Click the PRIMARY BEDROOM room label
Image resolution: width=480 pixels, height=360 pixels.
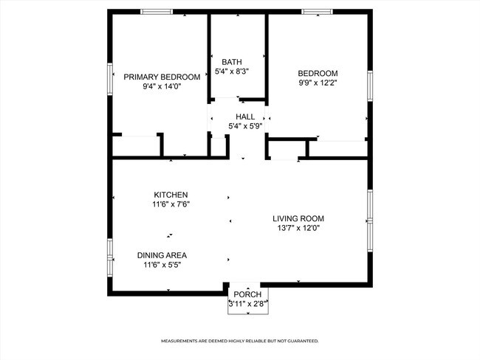(161, 77)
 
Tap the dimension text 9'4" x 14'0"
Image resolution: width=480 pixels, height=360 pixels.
(161, 86)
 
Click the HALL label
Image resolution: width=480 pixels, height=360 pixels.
(245, 117)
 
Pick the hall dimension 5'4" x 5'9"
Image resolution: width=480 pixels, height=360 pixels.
(245, 126)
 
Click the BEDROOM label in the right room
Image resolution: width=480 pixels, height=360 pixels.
(318, 73)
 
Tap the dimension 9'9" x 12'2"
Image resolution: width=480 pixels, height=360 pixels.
(318, 83)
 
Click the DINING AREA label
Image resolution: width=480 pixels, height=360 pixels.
(162, 255)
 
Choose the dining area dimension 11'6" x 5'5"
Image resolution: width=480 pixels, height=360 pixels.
(162, 265)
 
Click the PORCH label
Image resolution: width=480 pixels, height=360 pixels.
(247, 294)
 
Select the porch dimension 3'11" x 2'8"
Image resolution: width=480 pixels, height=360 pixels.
(247, 303)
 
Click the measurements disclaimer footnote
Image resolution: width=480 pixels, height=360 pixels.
(240, 342)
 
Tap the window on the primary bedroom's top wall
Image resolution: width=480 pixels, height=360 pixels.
(157, 11)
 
